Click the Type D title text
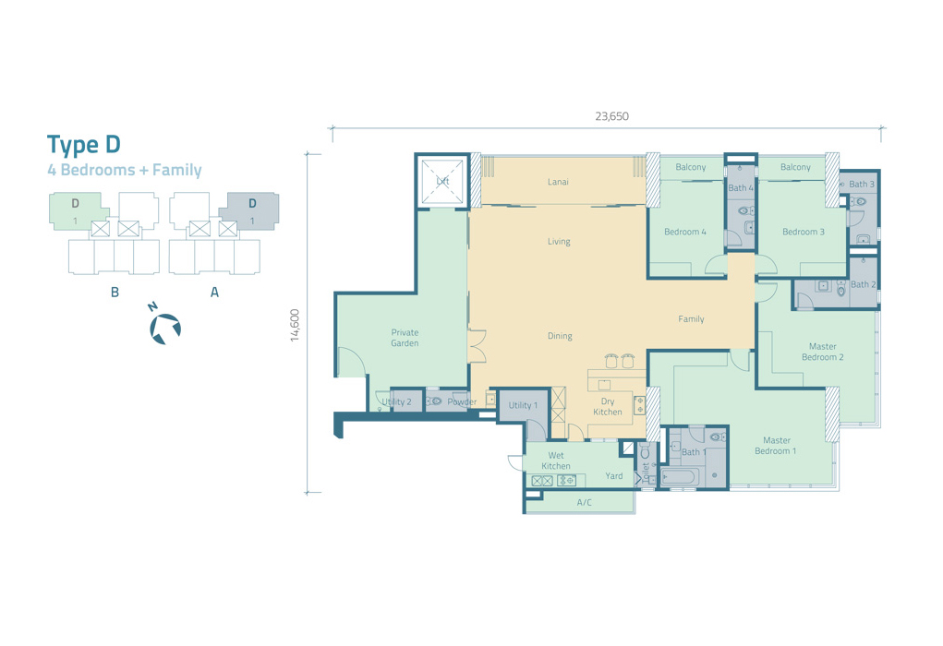click(x=84, y=145)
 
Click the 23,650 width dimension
click(x=611, y=116)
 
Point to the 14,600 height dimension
click(x=295, y=325)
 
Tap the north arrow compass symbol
click(x=164, y=329)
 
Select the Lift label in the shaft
click(x=442, y=181)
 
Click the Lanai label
click(x=558, y=182)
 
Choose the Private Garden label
click(x=405, y=338)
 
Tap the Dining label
click(x=560, y=336)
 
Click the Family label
click(x=691, y=319)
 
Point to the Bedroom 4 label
click(x=685, y=232)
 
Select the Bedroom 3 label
click(x=804, y=232)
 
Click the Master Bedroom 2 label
click(x=823, y=352)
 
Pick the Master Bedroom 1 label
click(x=776, y=446)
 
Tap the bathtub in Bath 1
click(x=680, y=478)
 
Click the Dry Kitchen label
click(x=608, y=406)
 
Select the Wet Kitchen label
click(x=556, y=461)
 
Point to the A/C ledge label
click(x=584, y=502)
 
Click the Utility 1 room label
click(x=523, y=405)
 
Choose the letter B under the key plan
click(x=115, y=292)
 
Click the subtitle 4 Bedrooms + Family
click(x=125, y=170)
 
